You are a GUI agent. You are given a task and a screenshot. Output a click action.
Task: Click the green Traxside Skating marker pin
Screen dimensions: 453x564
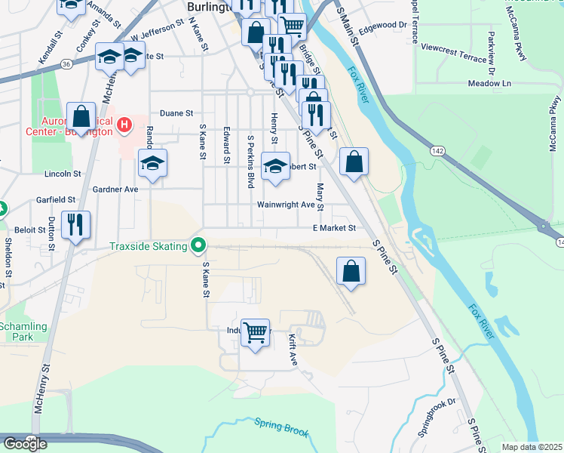click(199, 245)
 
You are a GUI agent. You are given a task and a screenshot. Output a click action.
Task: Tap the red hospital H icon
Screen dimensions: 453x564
click(125, 122)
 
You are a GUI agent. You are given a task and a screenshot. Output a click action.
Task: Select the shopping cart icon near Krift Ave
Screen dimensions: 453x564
click(256, 332)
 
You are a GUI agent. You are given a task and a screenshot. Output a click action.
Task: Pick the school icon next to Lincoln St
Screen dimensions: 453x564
click(152, 164)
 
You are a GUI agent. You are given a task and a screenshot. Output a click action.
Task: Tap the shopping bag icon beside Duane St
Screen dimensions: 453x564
click(81, 117)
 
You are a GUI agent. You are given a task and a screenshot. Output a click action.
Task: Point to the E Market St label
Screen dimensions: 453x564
click(334, 227)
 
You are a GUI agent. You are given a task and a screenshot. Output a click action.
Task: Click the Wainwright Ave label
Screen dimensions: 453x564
click(286, 205)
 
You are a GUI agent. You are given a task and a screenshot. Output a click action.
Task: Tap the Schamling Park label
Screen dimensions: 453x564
click(23, 331)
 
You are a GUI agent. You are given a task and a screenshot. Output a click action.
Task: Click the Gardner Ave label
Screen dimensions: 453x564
click(115, 190)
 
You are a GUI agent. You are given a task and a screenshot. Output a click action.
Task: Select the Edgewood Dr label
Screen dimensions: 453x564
click(383, 25)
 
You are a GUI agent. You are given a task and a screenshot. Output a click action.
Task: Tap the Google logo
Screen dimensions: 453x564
click(25, 444)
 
